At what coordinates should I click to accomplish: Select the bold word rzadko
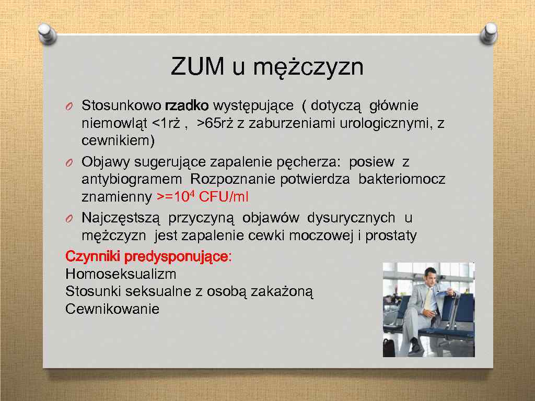click(187, 106)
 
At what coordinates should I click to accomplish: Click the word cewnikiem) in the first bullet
click(118, 141)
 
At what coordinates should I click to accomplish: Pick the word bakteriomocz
click(402, 180)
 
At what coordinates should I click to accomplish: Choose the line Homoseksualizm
click(121, 274)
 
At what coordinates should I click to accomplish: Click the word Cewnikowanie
click(112, 309)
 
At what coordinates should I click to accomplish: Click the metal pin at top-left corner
click(46, 33)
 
